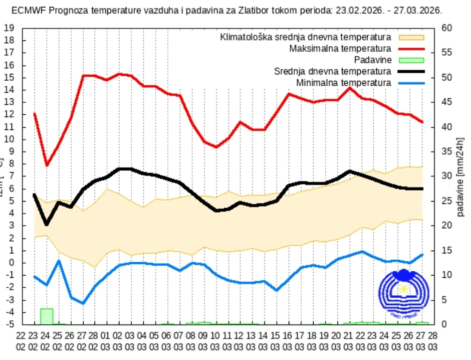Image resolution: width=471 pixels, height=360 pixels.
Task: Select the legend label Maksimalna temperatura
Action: click(340, 49)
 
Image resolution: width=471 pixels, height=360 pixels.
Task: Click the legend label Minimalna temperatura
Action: click(343, 82)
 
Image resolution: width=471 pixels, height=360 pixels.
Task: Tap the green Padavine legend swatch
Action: click(411, 60)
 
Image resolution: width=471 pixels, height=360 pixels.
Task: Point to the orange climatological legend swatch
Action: click(411, 38)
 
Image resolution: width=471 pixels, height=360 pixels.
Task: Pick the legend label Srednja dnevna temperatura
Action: click(332, 71)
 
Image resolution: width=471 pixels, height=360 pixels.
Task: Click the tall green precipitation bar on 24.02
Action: click(47, 316)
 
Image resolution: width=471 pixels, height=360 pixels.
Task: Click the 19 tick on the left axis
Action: click(9, 28)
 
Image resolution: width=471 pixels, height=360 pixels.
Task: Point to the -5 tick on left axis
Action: click(9, 324)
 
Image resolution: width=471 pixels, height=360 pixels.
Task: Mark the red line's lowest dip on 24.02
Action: click(47, 165)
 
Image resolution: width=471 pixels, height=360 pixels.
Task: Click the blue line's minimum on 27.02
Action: click(83, 303)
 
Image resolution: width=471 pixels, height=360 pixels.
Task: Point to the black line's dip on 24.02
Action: click(47, 224)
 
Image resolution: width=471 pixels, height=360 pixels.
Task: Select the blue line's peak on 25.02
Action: click(59, 261)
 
